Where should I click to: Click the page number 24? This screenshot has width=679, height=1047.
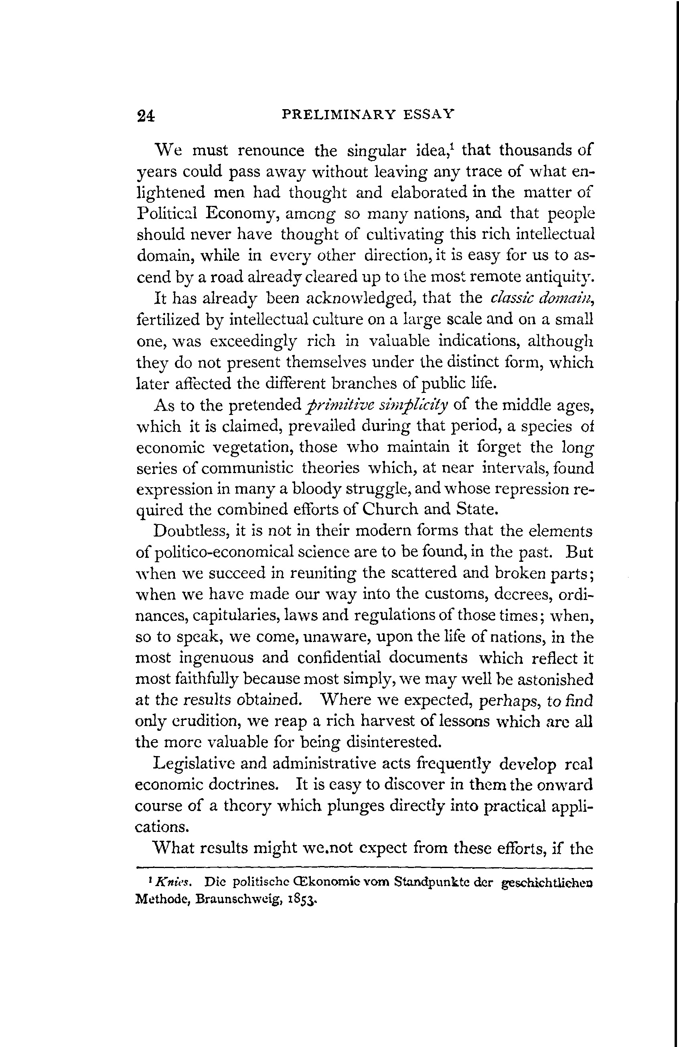click(x=146, y=116)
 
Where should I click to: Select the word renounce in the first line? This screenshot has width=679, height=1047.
click(x=271, y=150)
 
